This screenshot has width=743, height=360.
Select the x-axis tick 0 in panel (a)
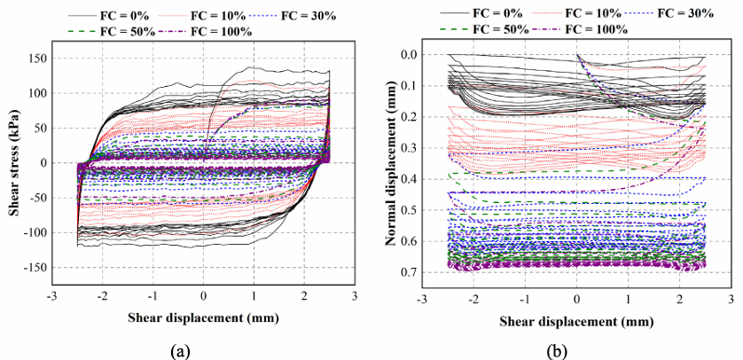[203, 295]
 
